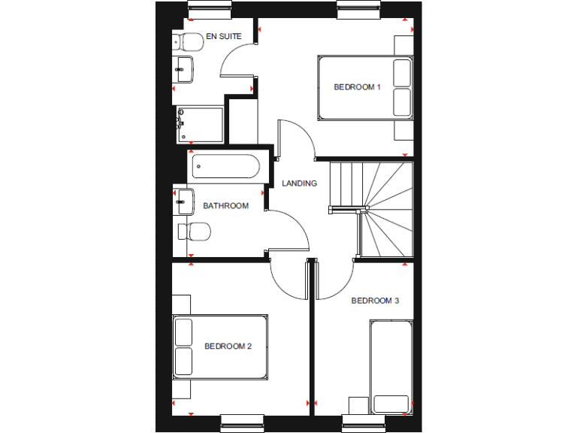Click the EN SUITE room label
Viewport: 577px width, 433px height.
click(x=223, y=36)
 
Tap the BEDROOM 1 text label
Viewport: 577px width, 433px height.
click(x=357, y=87)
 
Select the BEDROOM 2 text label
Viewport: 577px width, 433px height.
click(x=228, y=347)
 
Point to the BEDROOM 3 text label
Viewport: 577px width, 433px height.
click(x=375, y=301)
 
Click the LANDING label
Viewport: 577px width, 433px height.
click(x=299, y=183)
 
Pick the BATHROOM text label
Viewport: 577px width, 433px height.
click(x=225, y=206)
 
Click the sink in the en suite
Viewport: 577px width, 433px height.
click(x=183, y=70)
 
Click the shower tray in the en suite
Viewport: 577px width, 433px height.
click(x=201, y=125)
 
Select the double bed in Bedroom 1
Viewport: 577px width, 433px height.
click(x=365, y=87)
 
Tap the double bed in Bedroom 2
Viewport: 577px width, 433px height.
click(x=220, y=347)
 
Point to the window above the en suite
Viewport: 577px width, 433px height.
click(x=210, y=10)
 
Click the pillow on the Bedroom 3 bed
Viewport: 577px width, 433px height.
click(x=391, y=402)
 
